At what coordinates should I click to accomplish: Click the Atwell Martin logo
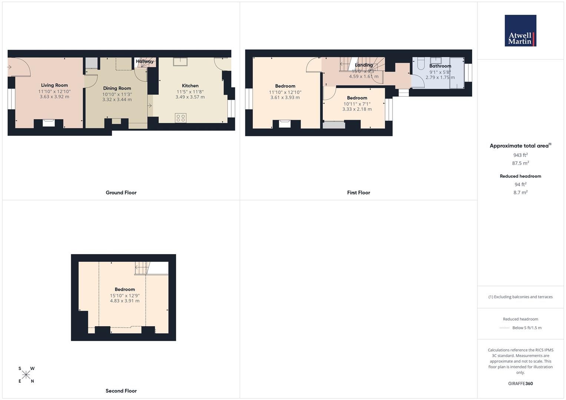[520, 31]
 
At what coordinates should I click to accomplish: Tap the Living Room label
[54, 85]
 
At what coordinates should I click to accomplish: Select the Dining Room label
[117, 88]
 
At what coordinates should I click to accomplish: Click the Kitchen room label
[190, 86]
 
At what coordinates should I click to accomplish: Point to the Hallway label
[145, 61]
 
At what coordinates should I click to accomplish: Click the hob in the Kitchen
[181, 118]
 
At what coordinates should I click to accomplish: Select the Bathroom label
[440, 66]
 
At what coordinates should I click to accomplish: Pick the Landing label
[364, 65]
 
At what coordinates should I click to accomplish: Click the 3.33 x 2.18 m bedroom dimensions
[357, 109]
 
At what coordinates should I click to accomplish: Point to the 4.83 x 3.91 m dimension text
[125, 301]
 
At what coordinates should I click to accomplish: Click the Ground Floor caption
[121, 193]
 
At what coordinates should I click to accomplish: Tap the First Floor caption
[358, 193]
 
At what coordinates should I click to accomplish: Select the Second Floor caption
[121, 391]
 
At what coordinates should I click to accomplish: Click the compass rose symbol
[26, 375]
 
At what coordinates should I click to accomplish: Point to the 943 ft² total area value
[520, 155]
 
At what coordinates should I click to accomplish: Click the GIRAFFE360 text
[520, 384]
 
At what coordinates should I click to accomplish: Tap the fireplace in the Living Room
[49, 123]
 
